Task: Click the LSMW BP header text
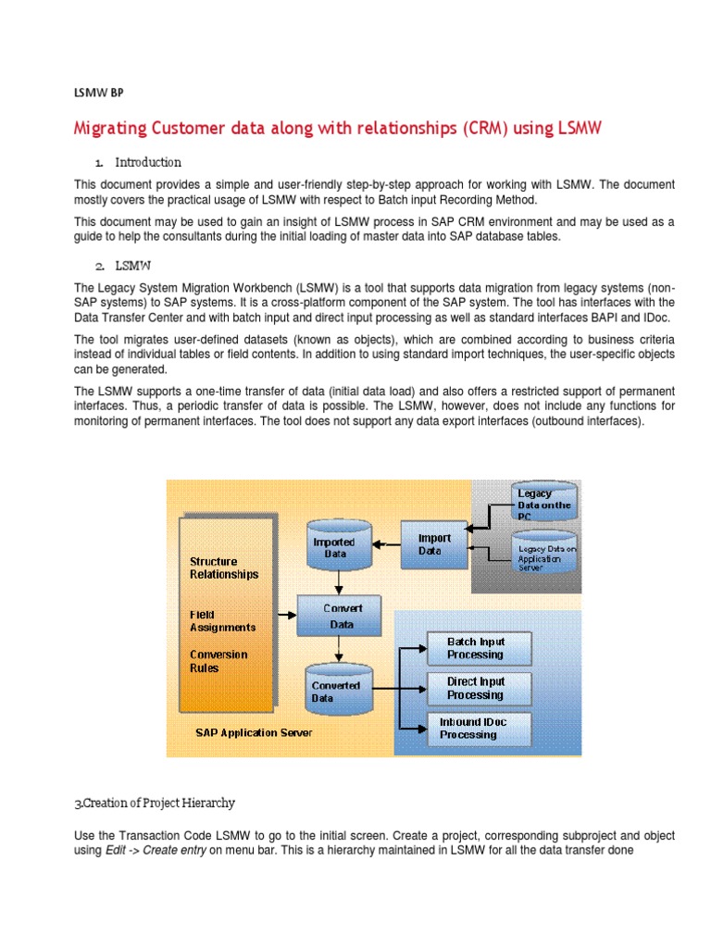97,93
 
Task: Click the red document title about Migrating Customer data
338,129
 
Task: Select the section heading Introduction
148,162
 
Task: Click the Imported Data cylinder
334,547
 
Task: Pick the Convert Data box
342,616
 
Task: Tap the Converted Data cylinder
335,691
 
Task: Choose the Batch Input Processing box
477,648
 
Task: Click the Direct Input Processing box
477,688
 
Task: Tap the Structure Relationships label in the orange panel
223,568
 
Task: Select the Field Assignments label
222,620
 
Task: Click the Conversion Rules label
218,661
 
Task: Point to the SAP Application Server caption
253,732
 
